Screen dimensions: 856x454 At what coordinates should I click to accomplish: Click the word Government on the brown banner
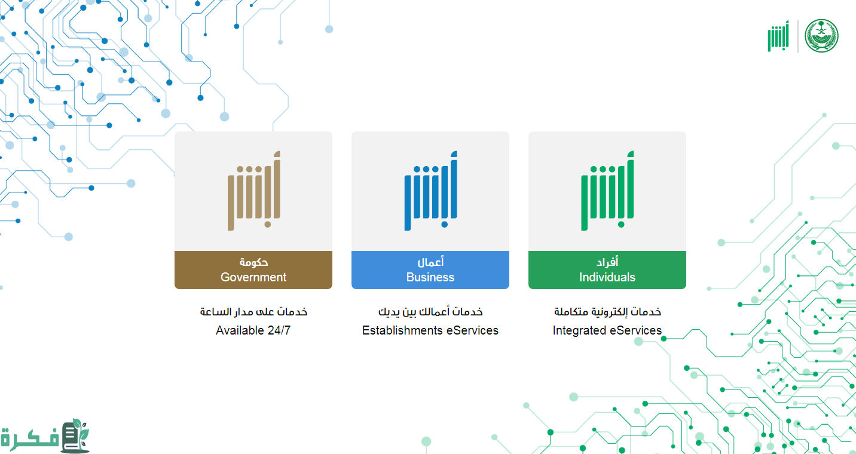253,277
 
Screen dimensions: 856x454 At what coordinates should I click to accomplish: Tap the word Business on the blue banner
430,277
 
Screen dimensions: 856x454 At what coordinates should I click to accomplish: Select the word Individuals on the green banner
607,277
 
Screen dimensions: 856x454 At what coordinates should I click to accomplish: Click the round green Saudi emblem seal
821,36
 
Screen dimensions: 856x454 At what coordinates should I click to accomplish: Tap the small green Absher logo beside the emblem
778,36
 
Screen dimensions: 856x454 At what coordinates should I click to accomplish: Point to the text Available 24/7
253,330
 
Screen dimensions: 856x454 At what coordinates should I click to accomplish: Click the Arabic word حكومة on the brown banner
253,262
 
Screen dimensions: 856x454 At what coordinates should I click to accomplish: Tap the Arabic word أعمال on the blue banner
430,262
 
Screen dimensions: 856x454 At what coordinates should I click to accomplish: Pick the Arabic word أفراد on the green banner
607,262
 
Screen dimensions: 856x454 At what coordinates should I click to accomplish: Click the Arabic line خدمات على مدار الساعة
253,312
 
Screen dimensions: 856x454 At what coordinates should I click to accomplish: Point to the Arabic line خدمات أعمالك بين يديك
430,312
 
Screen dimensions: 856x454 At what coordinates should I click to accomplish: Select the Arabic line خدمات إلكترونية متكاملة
607,312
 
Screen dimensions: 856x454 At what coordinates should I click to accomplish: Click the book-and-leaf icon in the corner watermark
75,435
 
